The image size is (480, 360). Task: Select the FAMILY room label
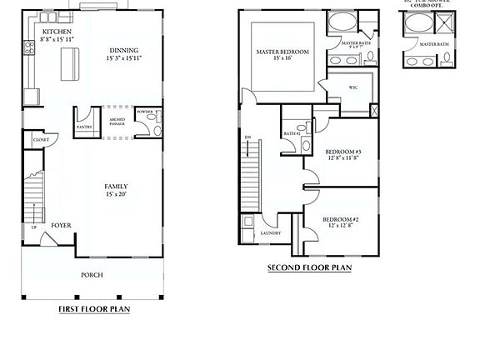[x=116, y=186]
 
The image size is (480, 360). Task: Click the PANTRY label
[x=84, y=127]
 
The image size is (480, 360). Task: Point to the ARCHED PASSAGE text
[x=117, y=122]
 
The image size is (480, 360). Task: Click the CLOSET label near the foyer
[x=40, y=140]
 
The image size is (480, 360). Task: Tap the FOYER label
[x=60, y=225]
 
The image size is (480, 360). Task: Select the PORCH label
[x=92, y=274]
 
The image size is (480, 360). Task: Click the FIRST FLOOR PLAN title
[x=93, y=308]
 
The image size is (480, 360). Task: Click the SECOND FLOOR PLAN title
[x=309, y=267]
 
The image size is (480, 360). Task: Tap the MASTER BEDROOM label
[x=282, y=52]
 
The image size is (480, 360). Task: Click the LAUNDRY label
[x=270, y=233]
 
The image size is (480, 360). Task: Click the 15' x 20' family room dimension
[x=116, y=194]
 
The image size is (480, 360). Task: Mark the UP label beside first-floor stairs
[x=34, y=227]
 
